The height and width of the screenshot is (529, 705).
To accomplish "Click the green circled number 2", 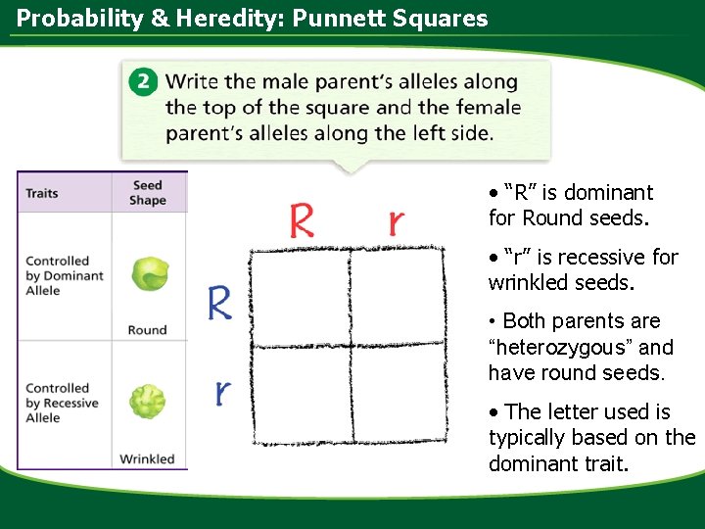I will [144, 82].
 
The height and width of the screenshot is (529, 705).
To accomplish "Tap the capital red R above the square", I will [302, 220].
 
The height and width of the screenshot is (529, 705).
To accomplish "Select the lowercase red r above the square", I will [395, 222].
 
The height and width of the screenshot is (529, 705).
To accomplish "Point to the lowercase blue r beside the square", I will [223, 392].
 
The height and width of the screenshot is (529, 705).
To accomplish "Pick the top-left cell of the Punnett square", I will [299, 299].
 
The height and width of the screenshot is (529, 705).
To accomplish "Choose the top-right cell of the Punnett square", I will [398, 299].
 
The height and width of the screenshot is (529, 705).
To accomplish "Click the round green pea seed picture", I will [149, 274].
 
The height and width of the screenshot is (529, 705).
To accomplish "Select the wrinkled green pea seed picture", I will [148, 401].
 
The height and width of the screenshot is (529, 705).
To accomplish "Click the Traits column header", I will [42, 193].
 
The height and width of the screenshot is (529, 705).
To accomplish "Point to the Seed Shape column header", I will [147, 192].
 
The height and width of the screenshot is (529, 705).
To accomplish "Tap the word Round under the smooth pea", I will [147, 330].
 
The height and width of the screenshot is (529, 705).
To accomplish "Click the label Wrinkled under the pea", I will [147, 458].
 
